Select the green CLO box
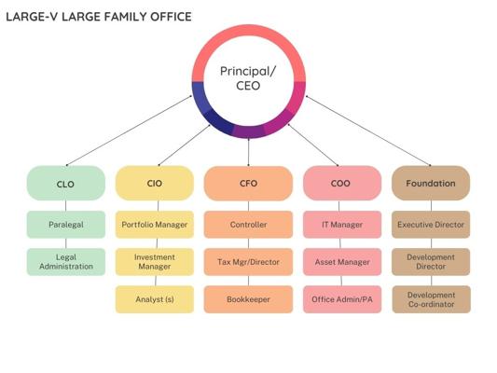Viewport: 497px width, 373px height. (x=66, y=183)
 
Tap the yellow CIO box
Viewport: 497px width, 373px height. (x=155, y=183)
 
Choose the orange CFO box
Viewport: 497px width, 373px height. (x=248, y=183)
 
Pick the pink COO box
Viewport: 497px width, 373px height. (x=342, y=183)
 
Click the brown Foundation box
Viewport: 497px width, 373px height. (x=431, y=183)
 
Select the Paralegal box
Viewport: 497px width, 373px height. (x=66, y=225)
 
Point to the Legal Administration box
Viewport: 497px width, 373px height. (x=66, y=262)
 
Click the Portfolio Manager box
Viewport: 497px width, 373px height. (x=155, y=225)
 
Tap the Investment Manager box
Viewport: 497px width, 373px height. (x=155, y=262)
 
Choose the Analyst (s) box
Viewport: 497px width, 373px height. (x=155, y=299)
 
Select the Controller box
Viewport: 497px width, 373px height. (x=248, y=225)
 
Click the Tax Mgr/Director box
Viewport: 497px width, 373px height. (x=248, y=262)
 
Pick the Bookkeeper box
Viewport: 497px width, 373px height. (x=248, y=299)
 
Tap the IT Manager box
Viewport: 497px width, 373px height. (x=342, y=225)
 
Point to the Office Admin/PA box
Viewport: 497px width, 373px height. (x=342, y=299)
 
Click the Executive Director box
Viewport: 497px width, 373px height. (x=431, y=225)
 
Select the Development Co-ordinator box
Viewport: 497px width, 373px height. (x=431, y=299)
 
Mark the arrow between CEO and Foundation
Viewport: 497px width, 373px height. (x=368, y=131)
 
